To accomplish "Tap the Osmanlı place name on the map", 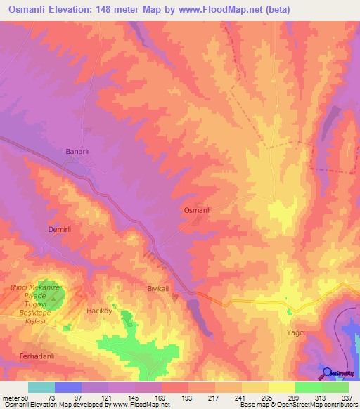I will point(197,210).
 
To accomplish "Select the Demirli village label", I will point(60,230).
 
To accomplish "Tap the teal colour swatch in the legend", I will point(41,387).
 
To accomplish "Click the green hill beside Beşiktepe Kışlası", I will point(54,297).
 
